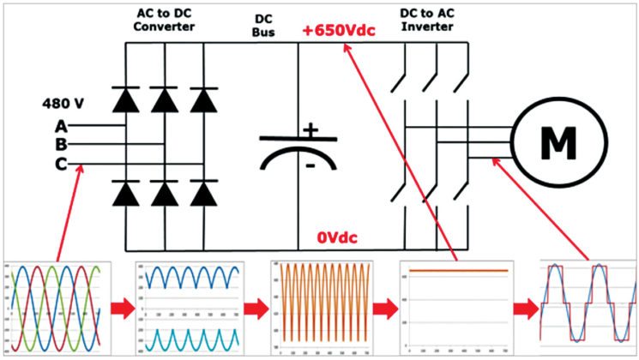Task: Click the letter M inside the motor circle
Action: (x=558, y=143)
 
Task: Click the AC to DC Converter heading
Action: (x=166, y=21)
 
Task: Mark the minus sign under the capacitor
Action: (x=310, y=162)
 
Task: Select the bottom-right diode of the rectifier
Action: (x=203, y=194)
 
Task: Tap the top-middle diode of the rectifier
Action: (x=166, y=100)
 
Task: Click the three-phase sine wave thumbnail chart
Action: (x=57, y=305)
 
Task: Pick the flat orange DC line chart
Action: (x=460, y=306)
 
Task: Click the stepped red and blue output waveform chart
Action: (x=588, y=306)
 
